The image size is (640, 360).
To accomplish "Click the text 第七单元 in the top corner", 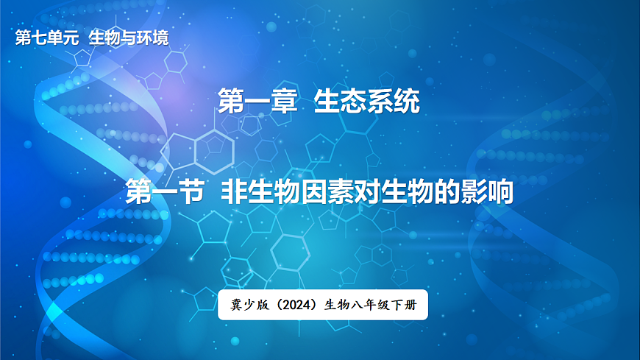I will (x=46, y=38).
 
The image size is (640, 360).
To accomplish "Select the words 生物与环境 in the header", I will (x=128, y=38).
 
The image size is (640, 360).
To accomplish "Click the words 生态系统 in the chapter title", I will (x=367, y=102).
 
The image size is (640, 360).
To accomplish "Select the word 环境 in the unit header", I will (x=153, y=38).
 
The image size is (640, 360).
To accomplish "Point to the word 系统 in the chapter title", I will (x=394, y=102).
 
